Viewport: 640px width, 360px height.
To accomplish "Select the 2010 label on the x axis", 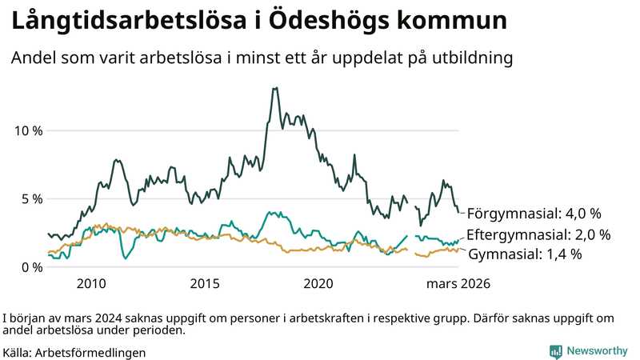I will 90,284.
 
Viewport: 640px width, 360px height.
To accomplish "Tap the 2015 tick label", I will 205,284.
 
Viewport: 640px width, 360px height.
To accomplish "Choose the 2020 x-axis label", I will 318,284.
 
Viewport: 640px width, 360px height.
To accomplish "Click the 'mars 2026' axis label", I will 458,284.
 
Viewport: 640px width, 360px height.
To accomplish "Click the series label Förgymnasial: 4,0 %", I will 534,214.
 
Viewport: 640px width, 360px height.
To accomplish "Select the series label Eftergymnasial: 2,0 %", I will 538,235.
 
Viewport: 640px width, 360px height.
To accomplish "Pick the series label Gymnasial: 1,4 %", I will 524,254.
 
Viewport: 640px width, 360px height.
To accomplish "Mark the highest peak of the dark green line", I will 275,88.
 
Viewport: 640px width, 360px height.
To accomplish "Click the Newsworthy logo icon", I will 555,350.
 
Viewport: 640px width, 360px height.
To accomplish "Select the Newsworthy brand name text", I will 597,350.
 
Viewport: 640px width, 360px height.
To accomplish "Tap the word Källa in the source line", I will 17,352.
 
